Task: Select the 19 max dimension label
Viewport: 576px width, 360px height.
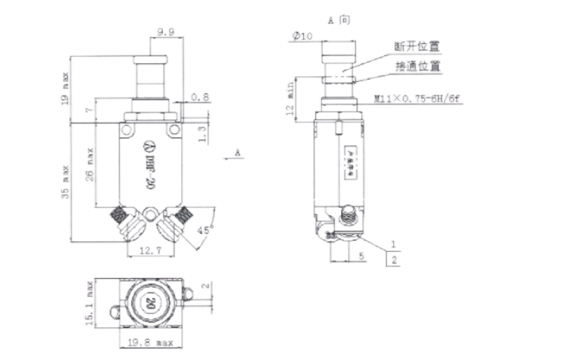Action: click(x=66, y=87)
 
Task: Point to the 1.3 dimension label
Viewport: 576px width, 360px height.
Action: click(x=202, y=132)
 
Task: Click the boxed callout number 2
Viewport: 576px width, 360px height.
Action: click(x=393, y=259)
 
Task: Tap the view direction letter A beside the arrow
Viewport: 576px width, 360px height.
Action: click(x=237, y=153)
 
